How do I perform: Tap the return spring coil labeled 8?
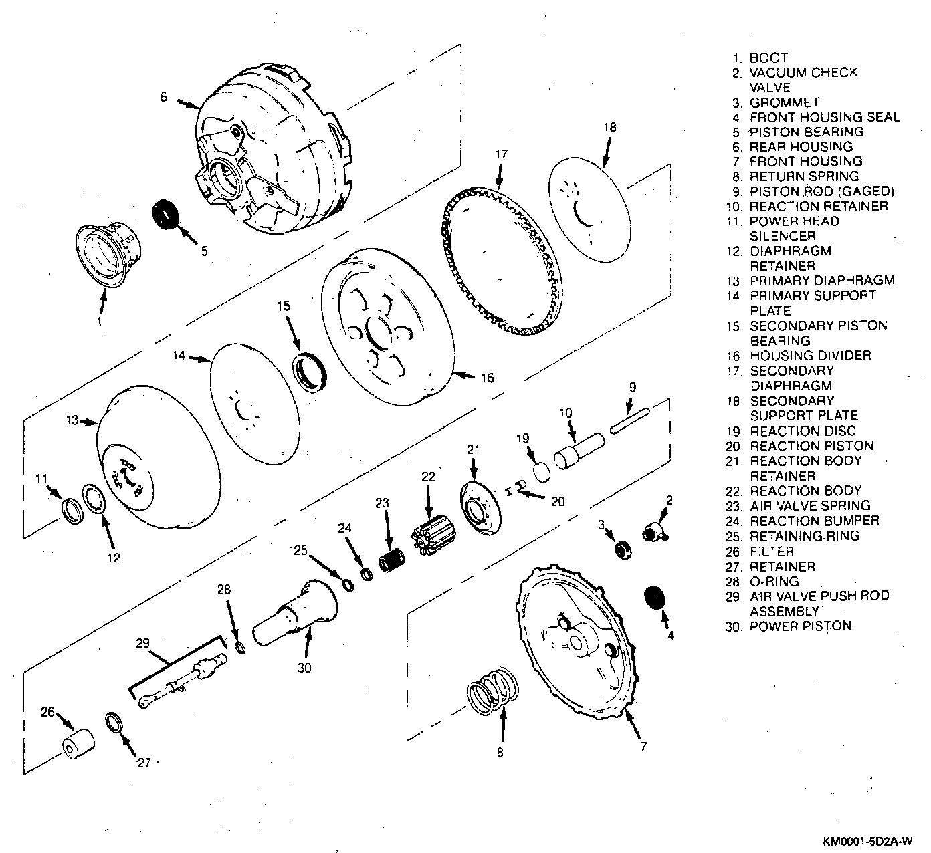[x=494, y=690]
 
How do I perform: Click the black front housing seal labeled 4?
[x=655, y=596]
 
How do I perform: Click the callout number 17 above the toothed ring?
[x=502, y=155]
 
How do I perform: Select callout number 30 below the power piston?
[x=304, y=666]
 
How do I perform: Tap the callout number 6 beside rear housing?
[x=163, y=96]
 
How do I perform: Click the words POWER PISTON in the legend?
[x=800, y=626]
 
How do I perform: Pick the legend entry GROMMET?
[x=784, y=102]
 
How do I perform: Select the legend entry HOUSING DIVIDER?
[x=810, y=356]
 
